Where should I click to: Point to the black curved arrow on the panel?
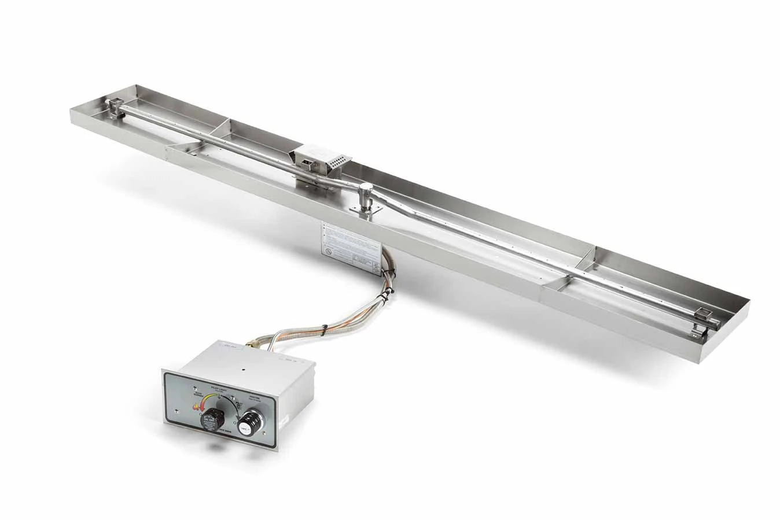click(235, 406)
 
